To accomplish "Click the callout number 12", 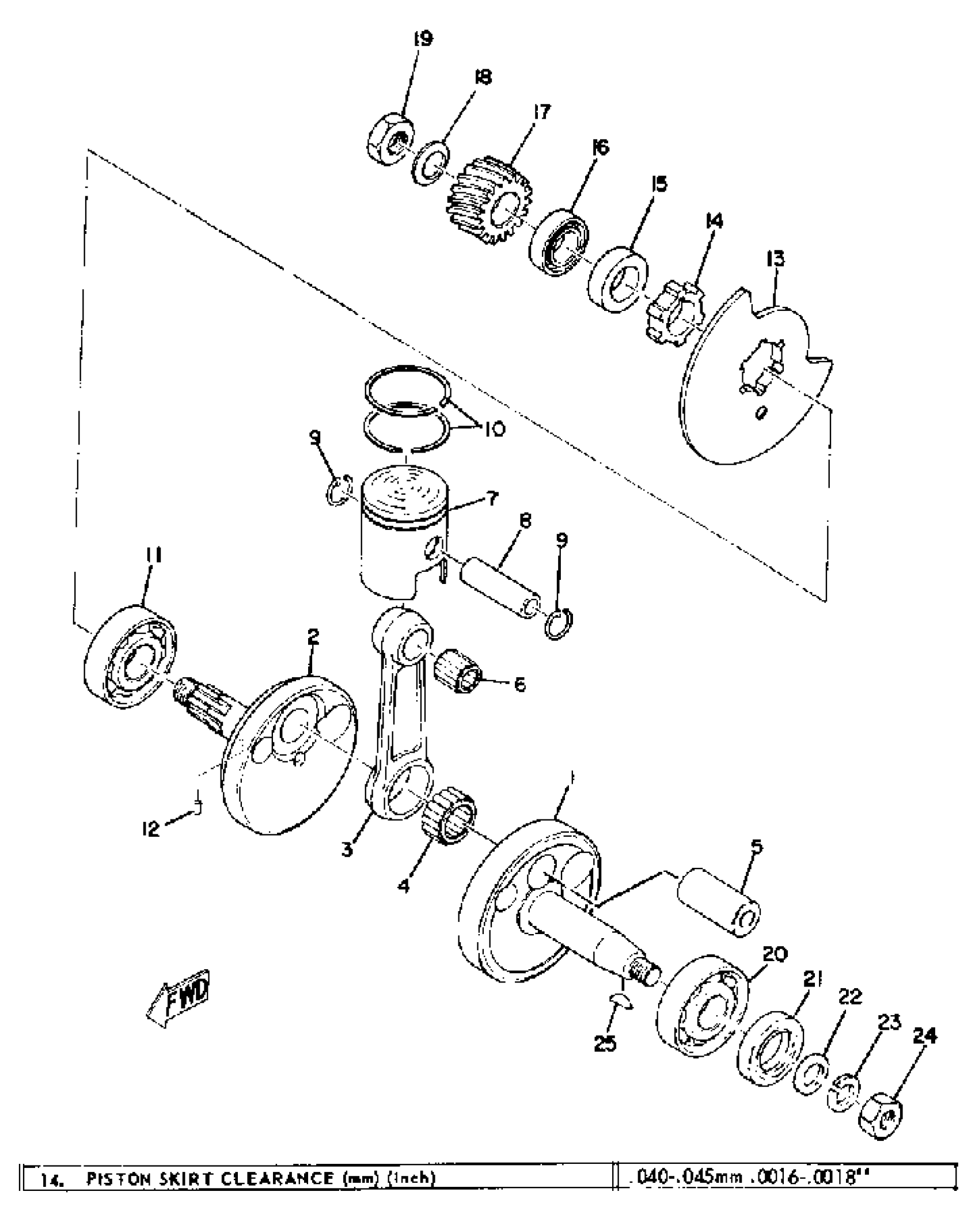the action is [151, 829].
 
